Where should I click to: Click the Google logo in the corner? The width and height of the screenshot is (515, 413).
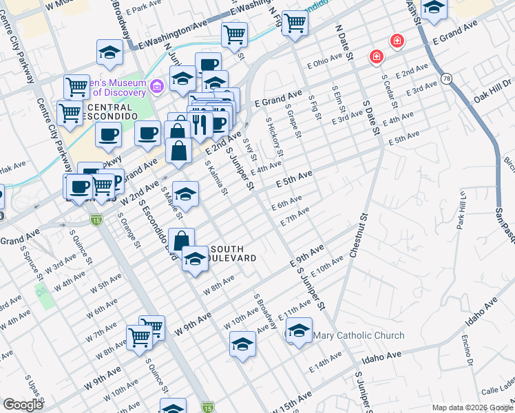click(x=23, y=405)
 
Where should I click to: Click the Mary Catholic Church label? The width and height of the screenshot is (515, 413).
click(x=359, y=336)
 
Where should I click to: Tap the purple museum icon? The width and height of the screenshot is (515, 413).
click(x=158, y=87)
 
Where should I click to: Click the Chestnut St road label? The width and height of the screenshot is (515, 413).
click(x=359, y=235)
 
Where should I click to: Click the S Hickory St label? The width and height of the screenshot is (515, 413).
click(x=275, y=136)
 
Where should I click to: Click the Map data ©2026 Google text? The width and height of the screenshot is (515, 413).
click(x=472, y=407)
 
